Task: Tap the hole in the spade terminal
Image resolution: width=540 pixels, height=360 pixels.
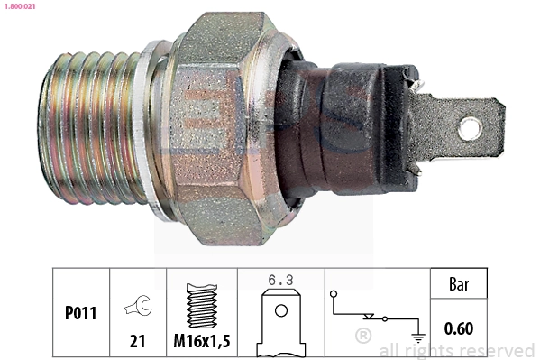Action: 470,128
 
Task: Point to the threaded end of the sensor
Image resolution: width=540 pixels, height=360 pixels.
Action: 90,126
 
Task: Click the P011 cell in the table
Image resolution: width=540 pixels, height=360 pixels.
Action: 80,314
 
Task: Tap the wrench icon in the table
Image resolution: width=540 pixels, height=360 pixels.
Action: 138,306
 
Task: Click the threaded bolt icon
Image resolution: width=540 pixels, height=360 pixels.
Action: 202,302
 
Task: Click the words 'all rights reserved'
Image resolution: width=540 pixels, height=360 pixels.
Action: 457,350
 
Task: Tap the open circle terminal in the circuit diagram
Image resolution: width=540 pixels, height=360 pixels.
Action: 334,294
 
